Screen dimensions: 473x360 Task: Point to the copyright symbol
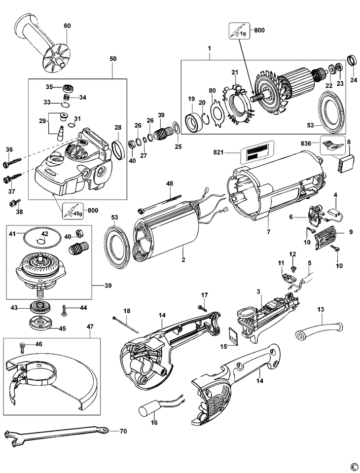tap(353, 466)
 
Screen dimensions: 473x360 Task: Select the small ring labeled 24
tap(353, 61)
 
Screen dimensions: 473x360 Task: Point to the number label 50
tap(113, 59)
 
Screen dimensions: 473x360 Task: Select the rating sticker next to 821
tap(256, 151)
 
